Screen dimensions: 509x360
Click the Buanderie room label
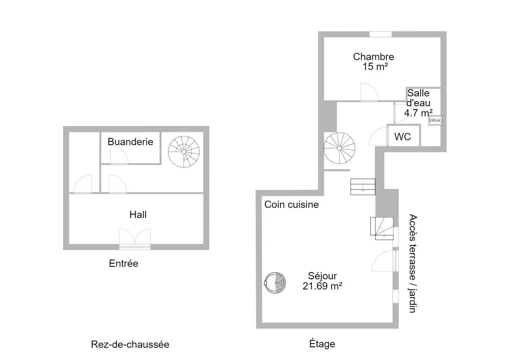(x=130, y=142)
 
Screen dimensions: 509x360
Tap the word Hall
(x=138, y=215)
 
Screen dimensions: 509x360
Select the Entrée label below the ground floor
(x=124, y=263)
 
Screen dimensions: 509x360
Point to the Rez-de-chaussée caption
(x=130, y=345)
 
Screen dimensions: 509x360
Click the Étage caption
(x=322, y=343)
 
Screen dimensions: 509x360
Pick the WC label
(x=403, y=137)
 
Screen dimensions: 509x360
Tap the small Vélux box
(x=435, y=120)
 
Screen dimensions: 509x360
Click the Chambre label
(x=374, y=57)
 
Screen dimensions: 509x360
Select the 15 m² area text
(x=375, y=67)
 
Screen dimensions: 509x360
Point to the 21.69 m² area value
(x=323, y=286)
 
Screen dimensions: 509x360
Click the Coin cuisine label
(x=292, y=205)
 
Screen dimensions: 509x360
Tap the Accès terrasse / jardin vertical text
(x=413, y=263)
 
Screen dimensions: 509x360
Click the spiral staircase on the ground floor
(x=184, y=152)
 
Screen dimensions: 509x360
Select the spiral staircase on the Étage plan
(x=340, y=148)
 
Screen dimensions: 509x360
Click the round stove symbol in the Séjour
(x=275, y=283)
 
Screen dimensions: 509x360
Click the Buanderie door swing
(x=119, y=155)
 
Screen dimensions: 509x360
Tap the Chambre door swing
(x=369, y=92)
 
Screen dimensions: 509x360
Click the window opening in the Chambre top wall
(x=381, y=34)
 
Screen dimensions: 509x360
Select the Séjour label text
(x=323, y=276)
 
